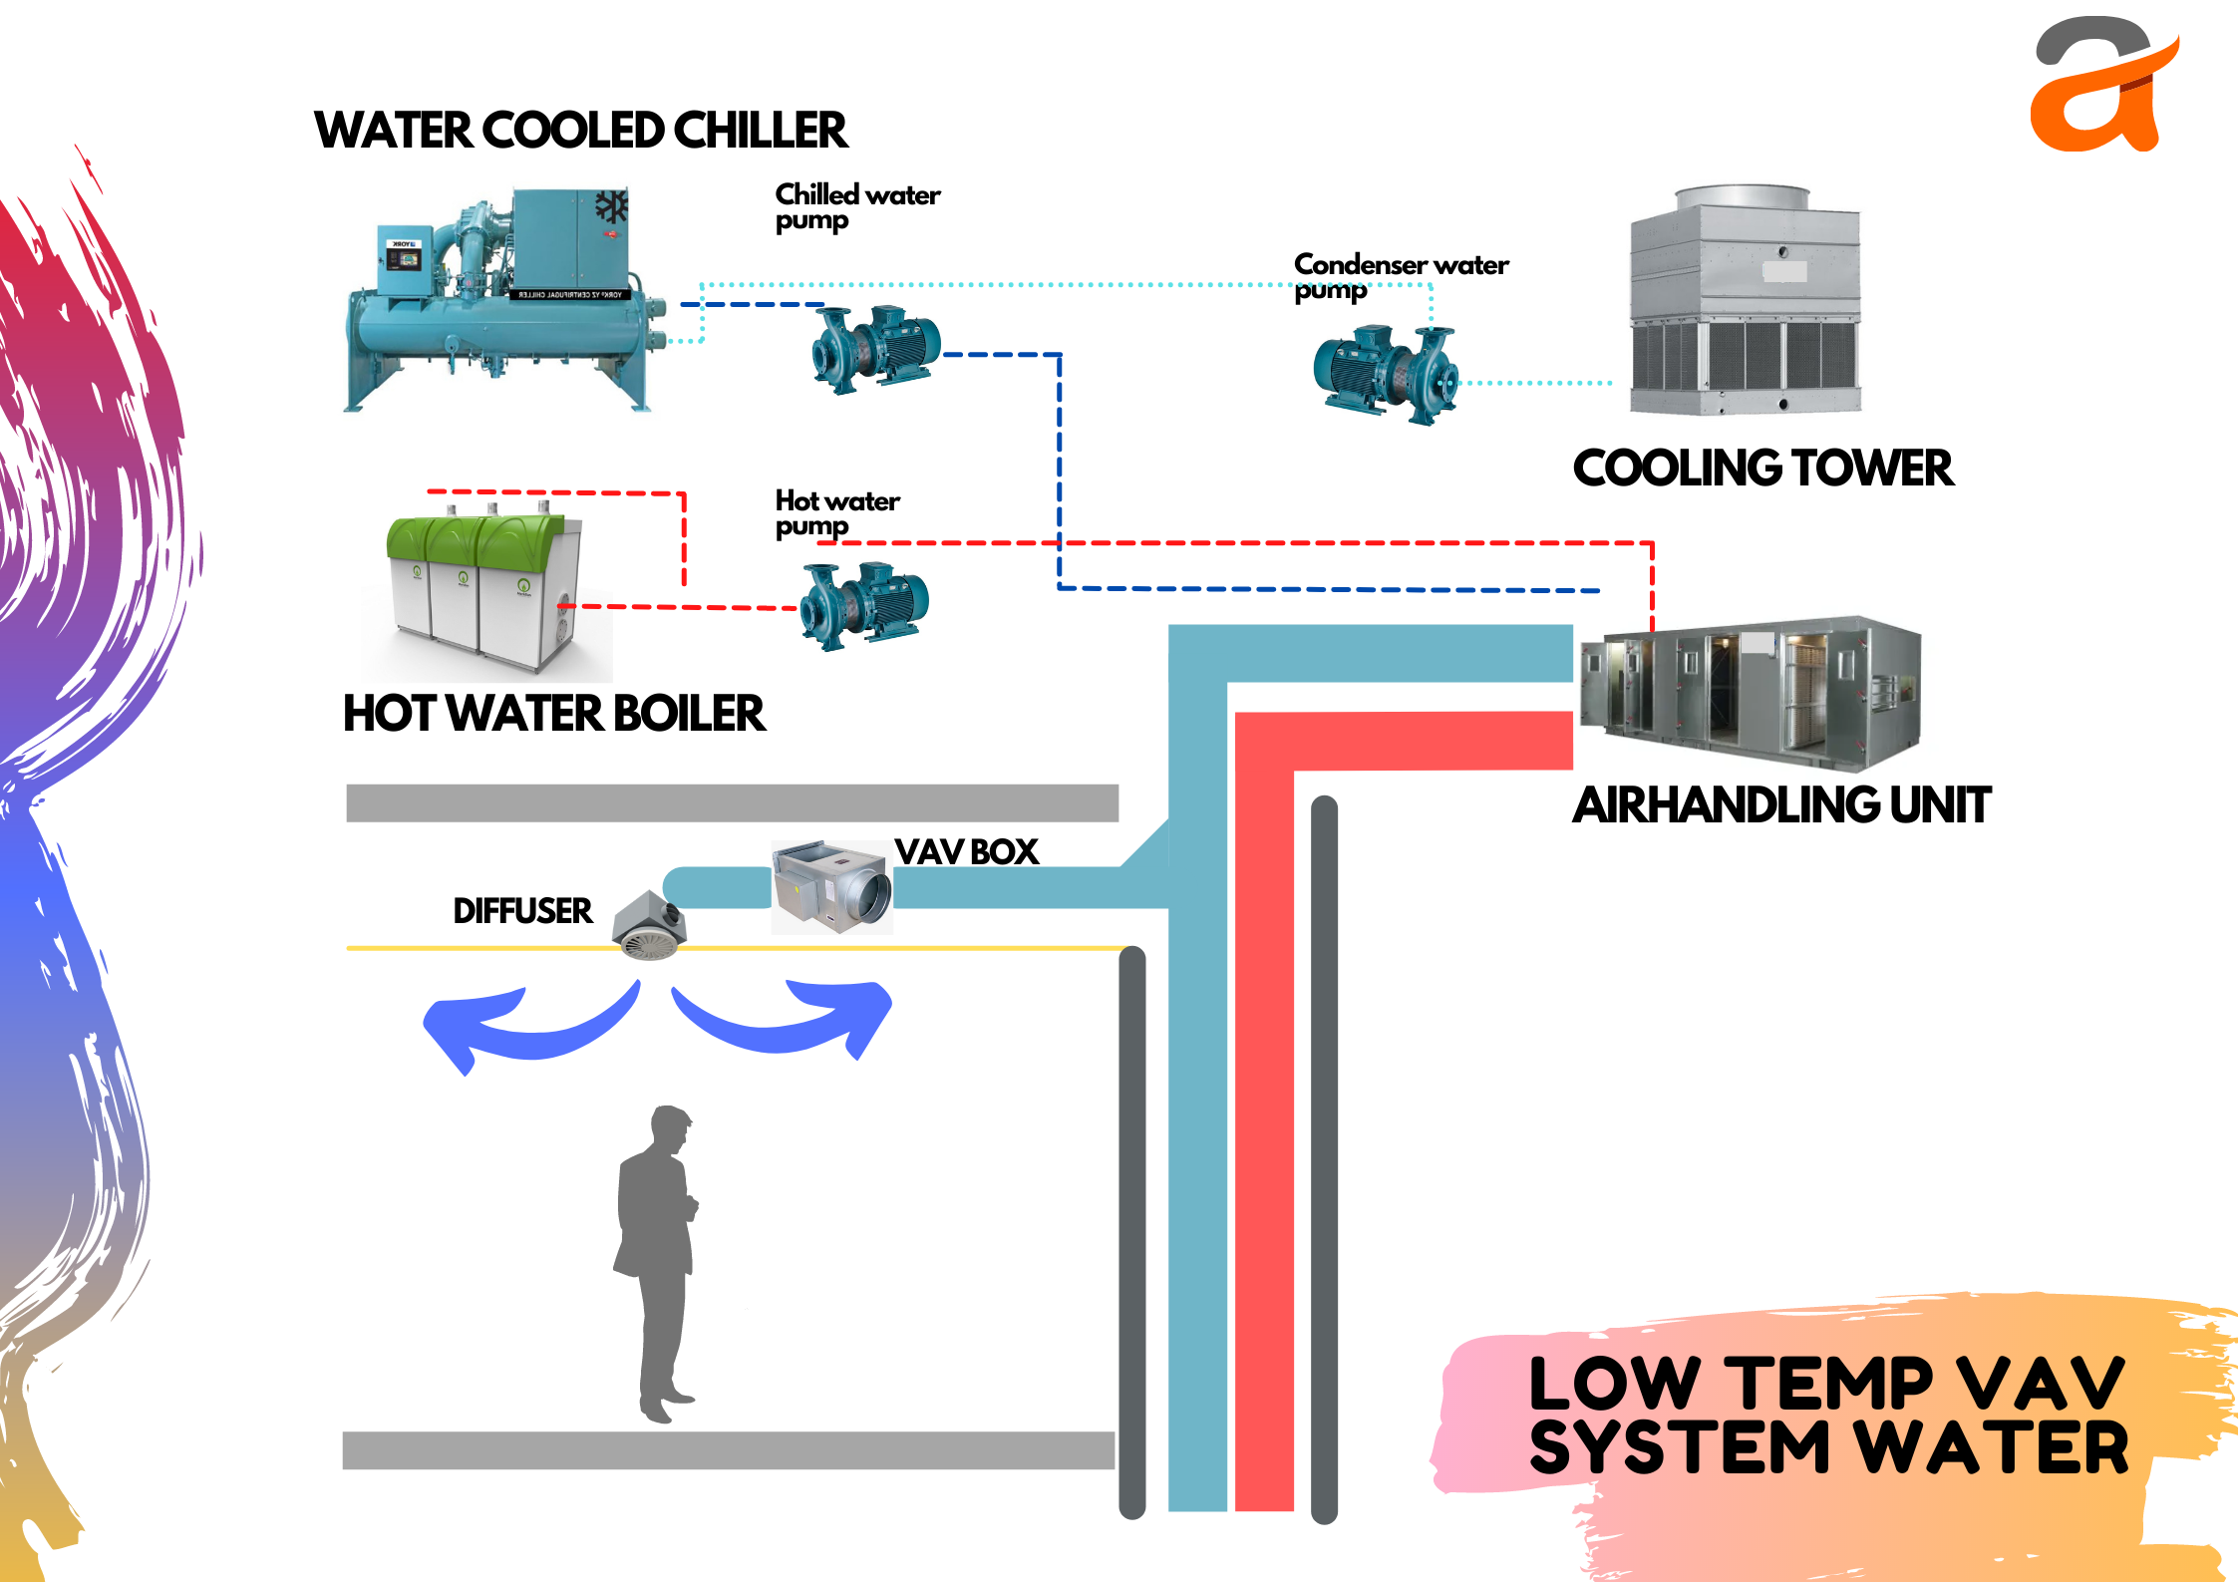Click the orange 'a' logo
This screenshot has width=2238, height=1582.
pos(2098,90)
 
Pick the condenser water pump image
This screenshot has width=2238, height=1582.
pos(1386,373)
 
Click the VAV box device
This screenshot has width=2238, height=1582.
pos(833,886)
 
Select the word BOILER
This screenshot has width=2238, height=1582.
pos(688,714)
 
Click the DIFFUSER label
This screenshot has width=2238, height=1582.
pos(522,911)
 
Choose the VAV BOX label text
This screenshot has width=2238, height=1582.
pos(966,852)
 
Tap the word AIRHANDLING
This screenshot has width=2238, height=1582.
pos(1726,805)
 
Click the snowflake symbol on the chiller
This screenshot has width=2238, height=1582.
pos(611,206)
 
